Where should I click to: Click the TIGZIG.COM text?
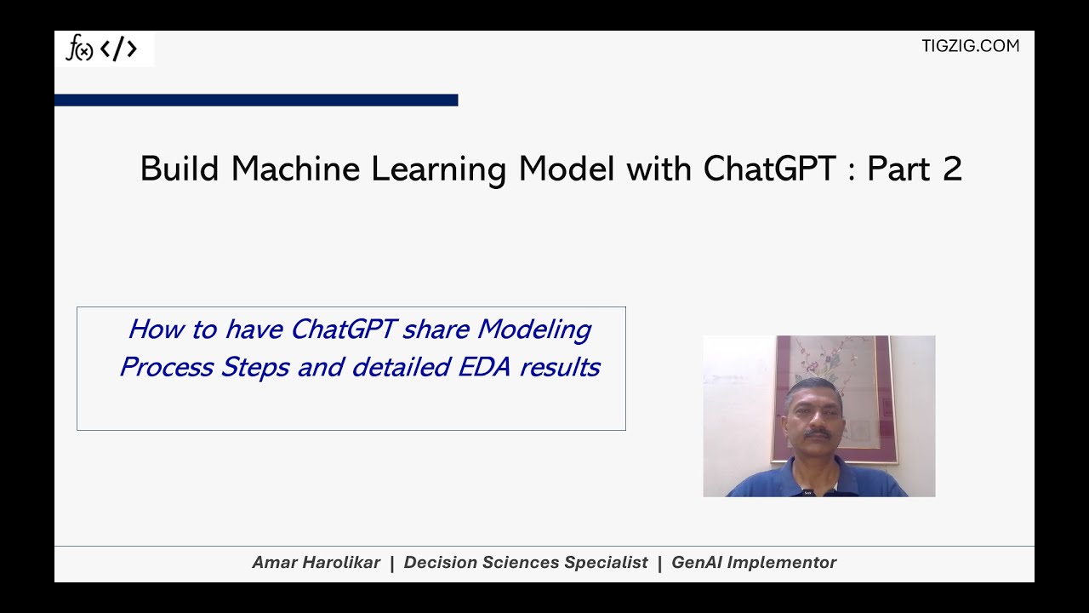tap(970, 46)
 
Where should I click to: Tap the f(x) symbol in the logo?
tap(79, 49)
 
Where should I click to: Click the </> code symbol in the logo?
tap(118, 49)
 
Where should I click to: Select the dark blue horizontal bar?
tap(255, 100)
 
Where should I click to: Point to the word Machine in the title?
tap(295, 169)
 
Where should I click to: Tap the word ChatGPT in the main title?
tap(769, 169)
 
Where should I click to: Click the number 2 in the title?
tap(952, 169)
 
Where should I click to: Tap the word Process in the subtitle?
tap(166, 367)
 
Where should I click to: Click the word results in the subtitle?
tap(560, 367)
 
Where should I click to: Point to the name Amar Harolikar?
tap(316, 563)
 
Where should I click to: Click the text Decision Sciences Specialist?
tap(526, 563)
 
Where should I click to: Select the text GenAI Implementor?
tap(754, 563)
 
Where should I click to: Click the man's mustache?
tap(817, 434)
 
